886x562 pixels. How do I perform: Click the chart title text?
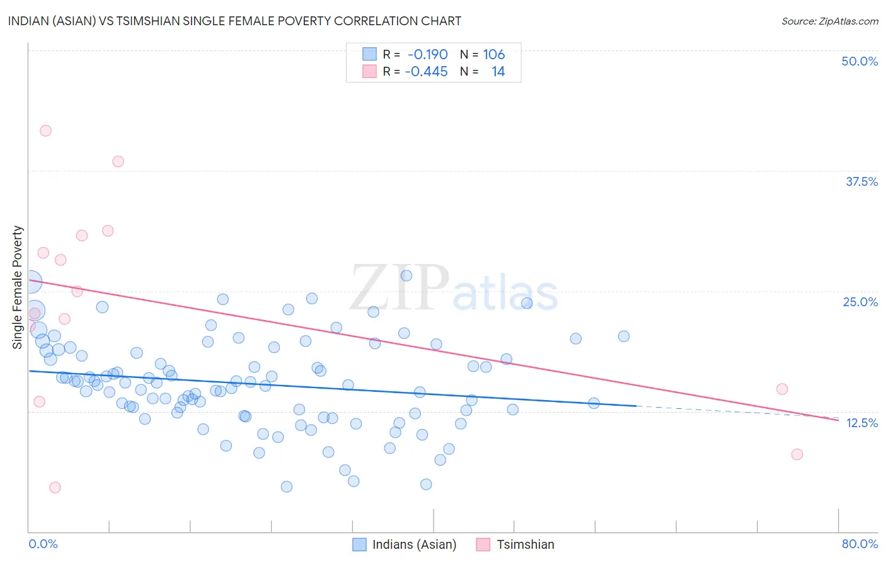click(x=234, y=21)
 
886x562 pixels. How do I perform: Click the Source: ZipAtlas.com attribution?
click(x=829, y=21)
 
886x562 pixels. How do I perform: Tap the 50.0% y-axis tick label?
click(x=859, y=61)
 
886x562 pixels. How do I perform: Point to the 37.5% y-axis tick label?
click(x=861, y=181)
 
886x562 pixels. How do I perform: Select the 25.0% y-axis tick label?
click(x=860, y=302)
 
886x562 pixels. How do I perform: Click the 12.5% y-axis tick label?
click(x=861, y=423)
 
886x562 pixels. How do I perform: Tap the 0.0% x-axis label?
click(x=43, y=544)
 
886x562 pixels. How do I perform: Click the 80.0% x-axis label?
click(x=860, y=544)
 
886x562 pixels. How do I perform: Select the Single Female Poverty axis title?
click(x=18, y=287)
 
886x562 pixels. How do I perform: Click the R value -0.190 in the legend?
click(x=427, y=55)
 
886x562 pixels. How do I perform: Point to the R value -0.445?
click(x=426, y=72)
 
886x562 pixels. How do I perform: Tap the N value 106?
click(x=494, y=55)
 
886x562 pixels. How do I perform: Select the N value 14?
click(x=498, y=72)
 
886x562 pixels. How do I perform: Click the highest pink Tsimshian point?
click(x=45, y=131)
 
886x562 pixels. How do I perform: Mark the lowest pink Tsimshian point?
click(x=55, y=488)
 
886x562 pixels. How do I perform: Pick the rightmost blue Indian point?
click(x=624, y=336)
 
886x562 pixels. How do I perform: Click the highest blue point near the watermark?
click(x=406, y=275)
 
